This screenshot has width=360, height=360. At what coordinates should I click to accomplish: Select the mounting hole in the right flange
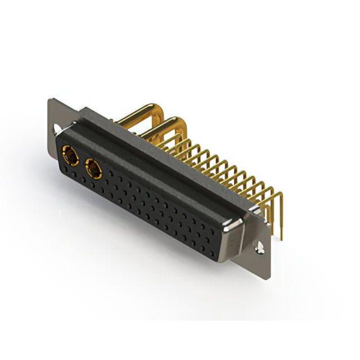click(262, 246)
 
